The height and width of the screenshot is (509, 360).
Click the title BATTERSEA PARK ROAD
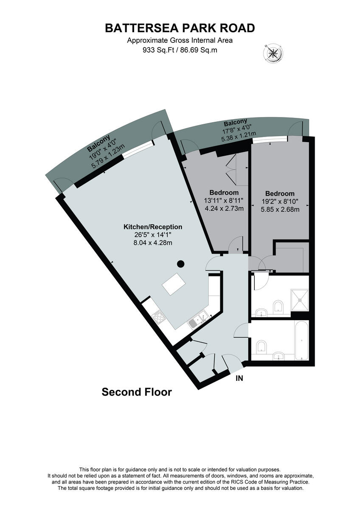coord(180,28)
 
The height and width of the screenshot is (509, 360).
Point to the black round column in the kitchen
coord(180,264)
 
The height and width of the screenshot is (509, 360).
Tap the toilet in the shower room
coord(278,307)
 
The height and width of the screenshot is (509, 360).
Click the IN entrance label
coord(239,378)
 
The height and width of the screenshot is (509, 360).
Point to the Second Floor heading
coord(137,392)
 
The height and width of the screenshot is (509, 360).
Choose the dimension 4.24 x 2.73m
coord(224,208)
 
